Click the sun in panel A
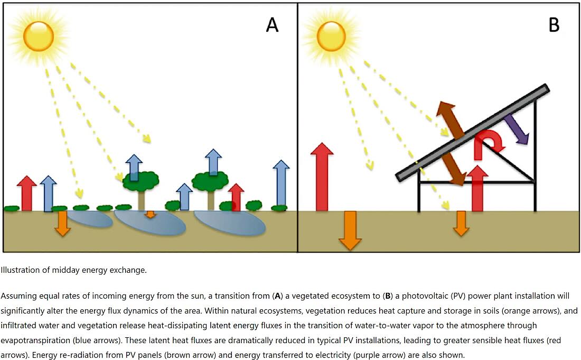point(38,36)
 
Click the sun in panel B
point(331,36)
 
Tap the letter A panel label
point(273,25)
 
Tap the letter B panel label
point(554,25)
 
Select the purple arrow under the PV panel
point(516,128)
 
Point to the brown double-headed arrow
point(451,143)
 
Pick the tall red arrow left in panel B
point(322,177)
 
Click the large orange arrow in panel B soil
point(350,230)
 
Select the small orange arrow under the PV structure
point(461,223)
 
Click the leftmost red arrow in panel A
point(27,193)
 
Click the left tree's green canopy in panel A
point(141,181)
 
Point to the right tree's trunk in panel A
point(210,200)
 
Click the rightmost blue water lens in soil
point(230,223)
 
